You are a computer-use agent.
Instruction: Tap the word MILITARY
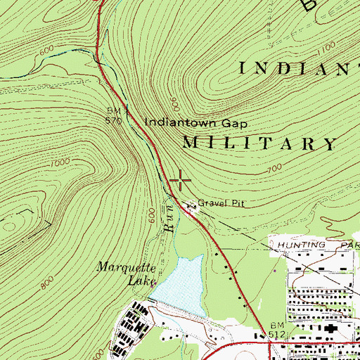(259, 144)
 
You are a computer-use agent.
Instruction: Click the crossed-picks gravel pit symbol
(189, 205)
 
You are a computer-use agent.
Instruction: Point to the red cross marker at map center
(181, 181)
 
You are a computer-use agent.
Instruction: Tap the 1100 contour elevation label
(326, 47)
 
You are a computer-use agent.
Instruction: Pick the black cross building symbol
(330, 330)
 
